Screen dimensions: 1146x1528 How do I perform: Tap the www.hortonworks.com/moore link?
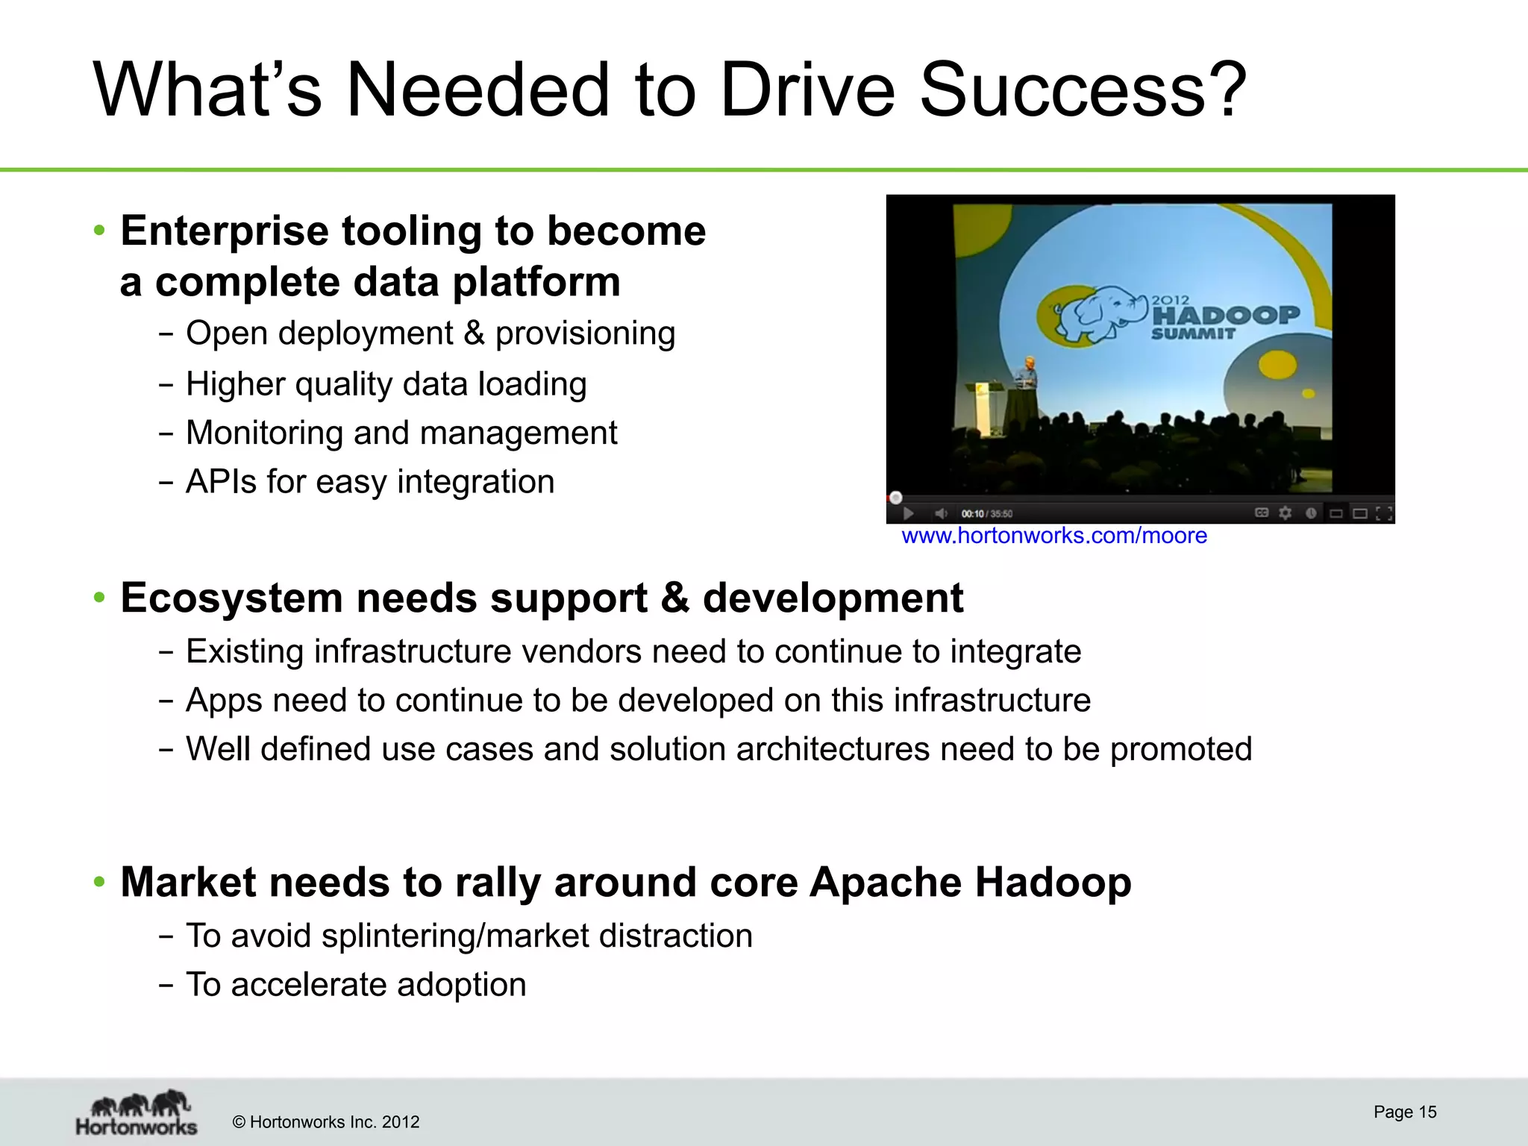(x=1053, y=536)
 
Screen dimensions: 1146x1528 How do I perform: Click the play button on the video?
(x=908, y=513)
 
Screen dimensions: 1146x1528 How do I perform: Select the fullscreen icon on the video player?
(x=1383, y=513)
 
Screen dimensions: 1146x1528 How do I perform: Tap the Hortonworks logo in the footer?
(x=137, y=1113)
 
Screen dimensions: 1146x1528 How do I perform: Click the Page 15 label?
(x=1404, y=1112)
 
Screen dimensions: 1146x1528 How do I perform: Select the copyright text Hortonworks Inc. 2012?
(x=326, y=1122)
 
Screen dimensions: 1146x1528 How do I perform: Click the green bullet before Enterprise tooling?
(x=99, y=231)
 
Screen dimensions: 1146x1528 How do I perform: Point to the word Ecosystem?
(x=231, y=598)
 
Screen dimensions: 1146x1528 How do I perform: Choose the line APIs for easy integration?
(x=370, y=481)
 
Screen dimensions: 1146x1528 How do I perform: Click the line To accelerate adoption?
(x=356, y=985)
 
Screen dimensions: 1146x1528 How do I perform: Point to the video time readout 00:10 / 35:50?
(x=986, y=513)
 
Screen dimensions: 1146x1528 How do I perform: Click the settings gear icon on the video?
(x=1285, y=513)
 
